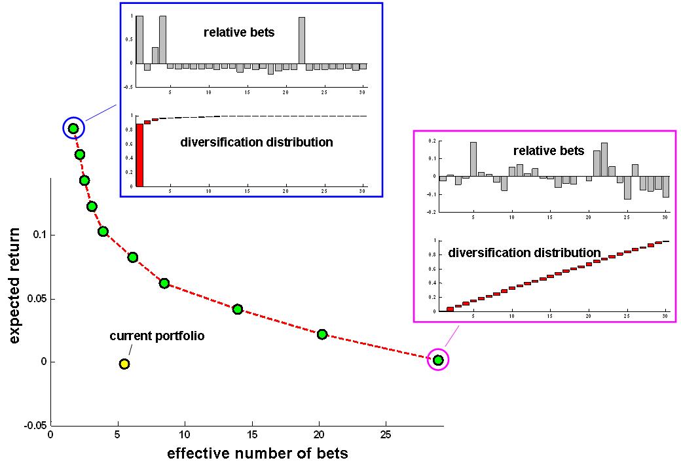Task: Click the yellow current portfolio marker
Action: point(124,364)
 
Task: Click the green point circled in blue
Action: point(73,128)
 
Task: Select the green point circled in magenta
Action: point(438,360)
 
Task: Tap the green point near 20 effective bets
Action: point(322,334)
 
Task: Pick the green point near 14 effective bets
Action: point(237,309)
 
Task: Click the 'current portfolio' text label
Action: point(156,336)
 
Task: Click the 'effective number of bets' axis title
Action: point(257,453)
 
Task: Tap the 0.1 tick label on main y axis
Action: point(39,235)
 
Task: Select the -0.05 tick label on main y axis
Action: point(35,425)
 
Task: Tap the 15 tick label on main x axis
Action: point(252,435)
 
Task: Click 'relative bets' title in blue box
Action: point(239,33)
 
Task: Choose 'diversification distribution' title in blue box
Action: point(257,142)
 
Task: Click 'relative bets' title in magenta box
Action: point(549,151)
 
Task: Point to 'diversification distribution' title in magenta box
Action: point(525,253)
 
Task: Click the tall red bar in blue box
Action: point(139,155)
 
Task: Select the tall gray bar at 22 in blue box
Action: point(302,41)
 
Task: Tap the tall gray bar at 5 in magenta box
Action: point(473,159)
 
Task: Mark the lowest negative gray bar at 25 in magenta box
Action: point(627,188)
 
